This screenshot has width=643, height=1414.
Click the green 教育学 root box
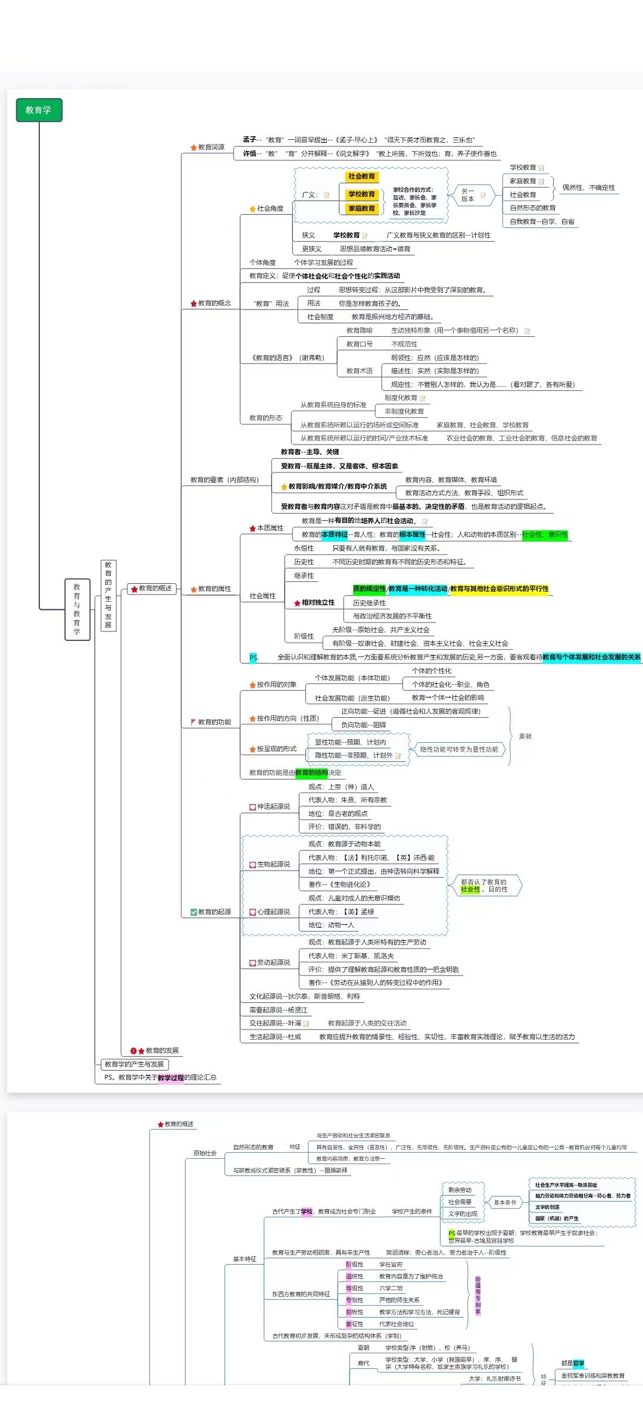[x=39, y=110]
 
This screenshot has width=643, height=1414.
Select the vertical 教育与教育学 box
[x=77, y=609]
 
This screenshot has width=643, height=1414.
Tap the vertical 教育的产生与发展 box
[x=108, y=595]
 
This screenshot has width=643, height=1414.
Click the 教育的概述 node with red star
[x=152, y=589]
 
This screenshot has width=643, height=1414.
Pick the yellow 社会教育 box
[x=361, y=176]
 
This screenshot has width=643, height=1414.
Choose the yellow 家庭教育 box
[x=361, y=208]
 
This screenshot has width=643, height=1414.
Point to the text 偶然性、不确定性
[x=588, y=187]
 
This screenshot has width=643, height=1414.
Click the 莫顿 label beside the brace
[x=525, y=736]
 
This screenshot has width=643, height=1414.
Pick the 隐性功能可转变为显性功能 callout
[x=459, y=749]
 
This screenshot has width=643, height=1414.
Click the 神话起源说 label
[x=273, y=806]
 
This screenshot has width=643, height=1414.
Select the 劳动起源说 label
[x=273, y=962]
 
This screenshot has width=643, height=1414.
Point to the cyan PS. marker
[x=253, y=658]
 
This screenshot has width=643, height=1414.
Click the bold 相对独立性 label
[x=317, y=602]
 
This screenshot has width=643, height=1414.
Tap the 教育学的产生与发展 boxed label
[x=134, y=1064]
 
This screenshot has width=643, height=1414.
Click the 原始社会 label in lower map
[x=204, y=1153]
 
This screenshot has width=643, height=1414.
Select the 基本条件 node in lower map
[x=505, y=1202]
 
